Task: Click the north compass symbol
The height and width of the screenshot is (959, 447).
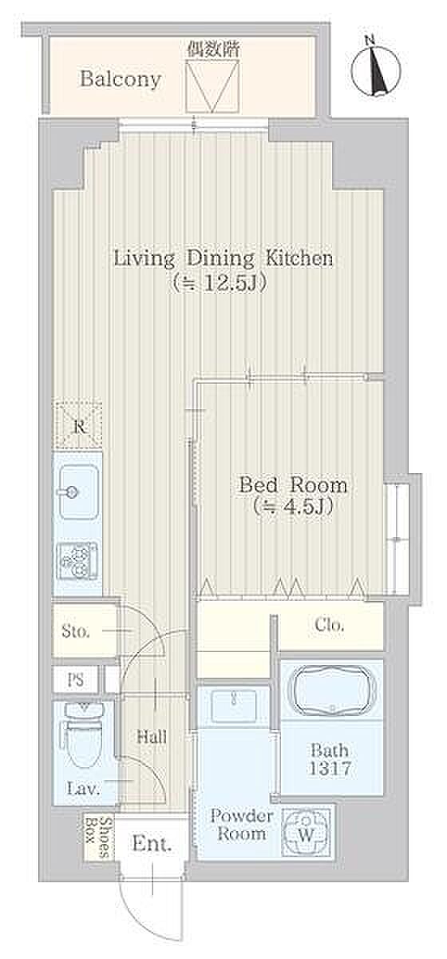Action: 376,68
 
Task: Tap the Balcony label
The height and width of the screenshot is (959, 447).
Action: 121,80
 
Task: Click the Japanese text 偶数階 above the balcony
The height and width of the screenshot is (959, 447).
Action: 212,50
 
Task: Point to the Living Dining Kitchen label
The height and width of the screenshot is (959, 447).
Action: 223,259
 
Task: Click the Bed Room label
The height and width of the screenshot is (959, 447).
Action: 293,485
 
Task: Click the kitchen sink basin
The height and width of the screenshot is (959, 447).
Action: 79,492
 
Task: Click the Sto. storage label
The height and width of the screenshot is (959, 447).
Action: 76,631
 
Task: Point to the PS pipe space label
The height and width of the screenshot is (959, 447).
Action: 76,680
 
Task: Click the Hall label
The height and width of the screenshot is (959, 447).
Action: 152,737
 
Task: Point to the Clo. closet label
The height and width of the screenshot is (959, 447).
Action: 330,625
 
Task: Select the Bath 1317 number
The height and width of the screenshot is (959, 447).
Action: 330,769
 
